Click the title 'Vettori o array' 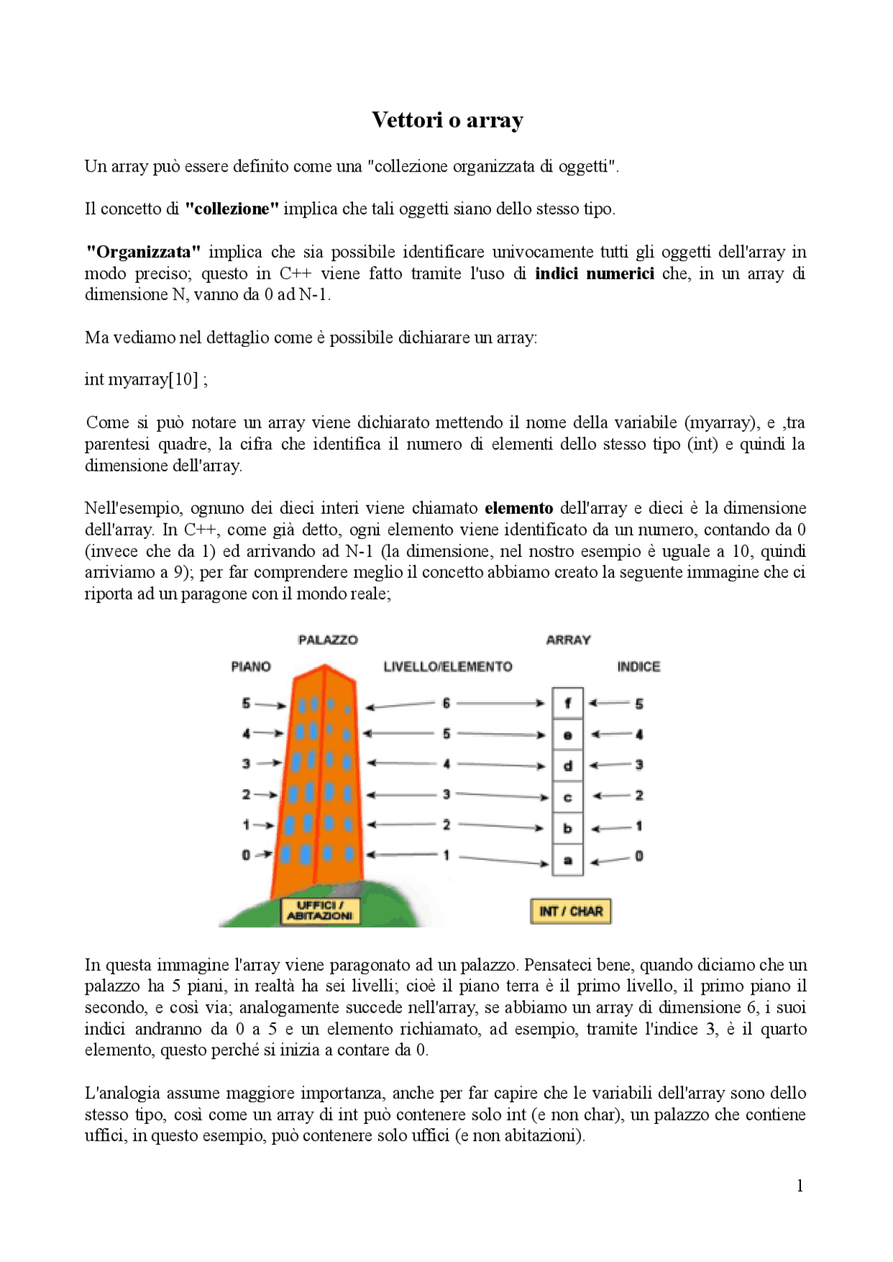pyautogui.click(x=447, y=120)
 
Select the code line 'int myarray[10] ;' pyautogui.click(x=146, y=380)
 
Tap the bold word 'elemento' pyautogui.click(x=518, y=508)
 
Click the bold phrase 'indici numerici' pyautogui.click(x=594, y=274)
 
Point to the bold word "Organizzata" pyautogui.click(x=143, y=252)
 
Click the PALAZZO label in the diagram pyautogui.click(x=328, y=640)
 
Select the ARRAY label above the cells pyautogui.click(x=568, y=640)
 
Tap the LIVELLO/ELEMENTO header pyautogui.click(x=448, y=667)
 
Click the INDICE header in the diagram pyautogui.click(x=638, y=667)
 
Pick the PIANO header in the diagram pyautogui.click(x=250, y=667)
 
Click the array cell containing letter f pyautogui.click(x=568, y=704)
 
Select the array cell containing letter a pyautogui.click(x=568, y=861)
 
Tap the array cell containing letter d pyautogui.click(x=568, y=766)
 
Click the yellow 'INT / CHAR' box pyautogui.click(x=571, y=911)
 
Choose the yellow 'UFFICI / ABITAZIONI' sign pyautogui.click(x=320, y=911)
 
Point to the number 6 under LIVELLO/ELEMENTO pyautogui.click(x=446, y=703)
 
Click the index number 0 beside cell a pyautogui.click(x=639, y=856)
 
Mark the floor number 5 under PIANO pyautogui.click(x=246, y=703)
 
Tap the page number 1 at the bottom pyautogui.click(x=800, y=1186)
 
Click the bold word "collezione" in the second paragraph pyautogui.click(x=232, y=209)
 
